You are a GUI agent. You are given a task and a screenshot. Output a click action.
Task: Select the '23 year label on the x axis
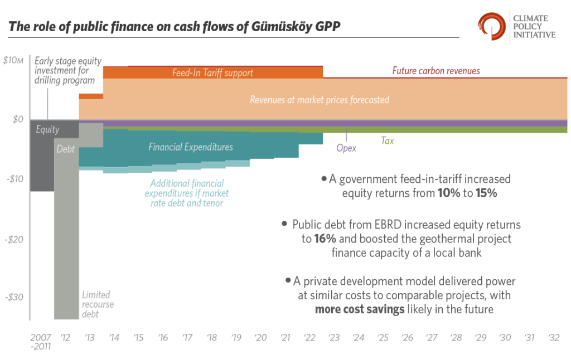click(334, 338)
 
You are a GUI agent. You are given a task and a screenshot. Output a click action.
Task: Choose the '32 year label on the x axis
click(554, 338)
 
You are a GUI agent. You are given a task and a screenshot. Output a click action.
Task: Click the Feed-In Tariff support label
click(212, 73)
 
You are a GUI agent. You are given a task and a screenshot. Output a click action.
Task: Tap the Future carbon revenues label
click(436, 71)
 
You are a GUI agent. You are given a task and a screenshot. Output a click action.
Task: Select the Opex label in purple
click(346, 148)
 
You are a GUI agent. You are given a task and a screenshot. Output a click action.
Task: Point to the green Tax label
click(387, 141)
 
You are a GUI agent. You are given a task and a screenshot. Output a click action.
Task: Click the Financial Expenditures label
click(191, 147)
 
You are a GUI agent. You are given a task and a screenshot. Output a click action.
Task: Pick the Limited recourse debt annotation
click(98, 304)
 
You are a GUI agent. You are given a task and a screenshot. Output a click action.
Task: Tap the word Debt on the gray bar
click(66, 149)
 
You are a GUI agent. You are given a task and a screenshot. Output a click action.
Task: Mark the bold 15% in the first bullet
click(485, 193)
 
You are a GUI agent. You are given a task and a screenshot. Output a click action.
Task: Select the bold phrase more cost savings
click(360, 309)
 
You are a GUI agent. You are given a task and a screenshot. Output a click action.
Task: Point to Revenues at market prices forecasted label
click(320, 100)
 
